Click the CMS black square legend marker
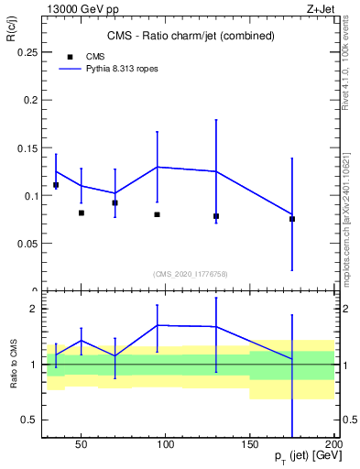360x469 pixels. tap(69, 56)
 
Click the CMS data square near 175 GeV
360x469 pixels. tap(292, 219)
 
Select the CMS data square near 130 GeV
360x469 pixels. tap(216, 216)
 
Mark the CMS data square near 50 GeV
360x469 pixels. tap(82, 213)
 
